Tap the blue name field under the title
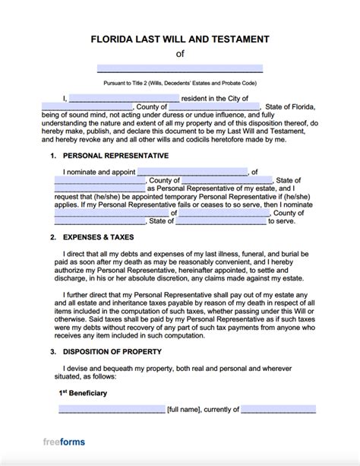[x=180, y=68]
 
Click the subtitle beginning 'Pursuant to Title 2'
[x=180, y=81]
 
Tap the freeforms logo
[x=63, y=442]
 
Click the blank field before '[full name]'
[x=111, y=410]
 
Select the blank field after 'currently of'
[x=278, y=410]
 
